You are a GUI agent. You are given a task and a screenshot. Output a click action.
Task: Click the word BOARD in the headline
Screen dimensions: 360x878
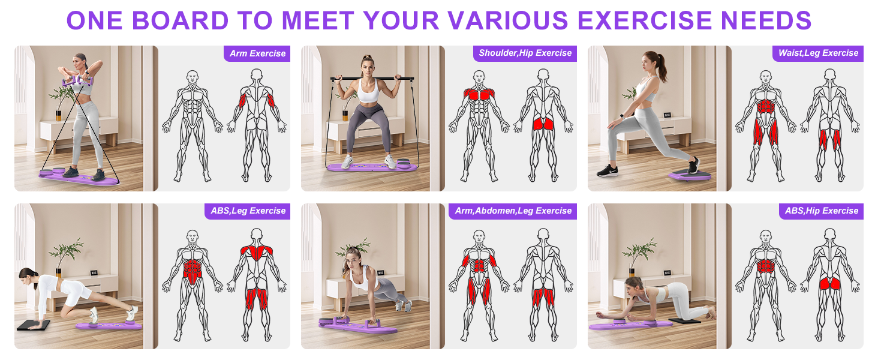click(180, 20)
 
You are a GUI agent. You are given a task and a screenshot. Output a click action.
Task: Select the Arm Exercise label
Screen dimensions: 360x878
click(257, 53)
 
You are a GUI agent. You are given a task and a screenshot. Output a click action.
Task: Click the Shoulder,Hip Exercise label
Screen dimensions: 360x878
click(525, 53)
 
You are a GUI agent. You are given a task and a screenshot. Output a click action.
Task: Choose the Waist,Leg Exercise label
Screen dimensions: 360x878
click(818, 53)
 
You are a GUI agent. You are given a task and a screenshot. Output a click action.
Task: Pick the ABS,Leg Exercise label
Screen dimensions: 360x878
click(248, 211)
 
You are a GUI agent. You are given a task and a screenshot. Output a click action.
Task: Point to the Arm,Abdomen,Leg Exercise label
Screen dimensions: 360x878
click(513, 211)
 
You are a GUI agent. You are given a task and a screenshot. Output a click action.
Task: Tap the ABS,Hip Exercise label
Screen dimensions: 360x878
click(822, 211)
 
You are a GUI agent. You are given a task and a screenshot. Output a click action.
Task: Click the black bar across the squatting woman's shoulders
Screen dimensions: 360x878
click(372, 78)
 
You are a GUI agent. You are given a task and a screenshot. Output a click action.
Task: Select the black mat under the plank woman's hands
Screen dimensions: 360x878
click(33, 325)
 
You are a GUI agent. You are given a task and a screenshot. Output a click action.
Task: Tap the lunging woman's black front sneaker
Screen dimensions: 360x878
click(607, 170)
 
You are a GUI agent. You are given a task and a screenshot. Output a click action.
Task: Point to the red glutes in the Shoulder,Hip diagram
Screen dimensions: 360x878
click(543, 124)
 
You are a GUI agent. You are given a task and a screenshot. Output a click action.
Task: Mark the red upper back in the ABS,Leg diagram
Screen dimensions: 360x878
click(256, 252)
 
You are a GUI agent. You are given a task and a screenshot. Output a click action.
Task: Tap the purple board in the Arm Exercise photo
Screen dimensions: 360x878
click(78, 175)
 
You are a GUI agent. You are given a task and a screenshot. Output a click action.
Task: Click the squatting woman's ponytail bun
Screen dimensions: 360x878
click(367, 59)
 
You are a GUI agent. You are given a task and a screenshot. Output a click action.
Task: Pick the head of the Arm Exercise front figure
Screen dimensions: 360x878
click(192, 77)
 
